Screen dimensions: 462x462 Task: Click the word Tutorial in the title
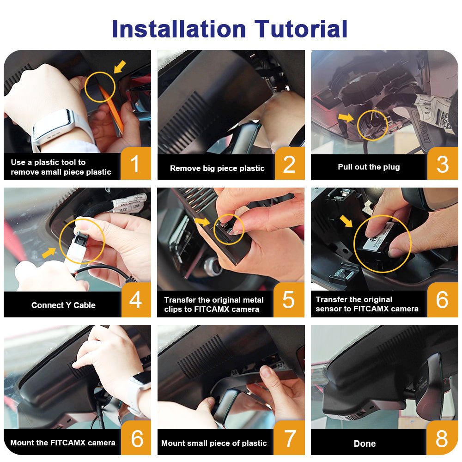[x=301, y=29]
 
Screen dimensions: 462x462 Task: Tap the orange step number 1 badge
[x=135, y=163]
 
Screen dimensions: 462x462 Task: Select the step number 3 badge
[x=443, y=163]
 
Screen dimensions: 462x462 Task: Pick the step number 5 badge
[x=289, y=300]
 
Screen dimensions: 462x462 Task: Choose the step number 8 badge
[x=442, y=438]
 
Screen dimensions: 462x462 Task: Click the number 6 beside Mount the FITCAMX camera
[x=136, y=438]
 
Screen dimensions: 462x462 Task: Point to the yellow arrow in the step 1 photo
[x=120, y=67]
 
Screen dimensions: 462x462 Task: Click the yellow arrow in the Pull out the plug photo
[x=346, y=117]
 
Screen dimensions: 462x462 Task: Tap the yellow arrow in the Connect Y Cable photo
[x=49, y=253]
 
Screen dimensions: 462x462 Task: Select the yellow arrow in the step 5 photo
[x=202, y=221]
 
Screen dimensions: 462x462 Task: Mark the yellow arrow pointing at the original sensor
[x=346, y=221]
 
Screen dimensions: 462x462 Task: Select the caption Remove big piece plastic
[x=217, y=168]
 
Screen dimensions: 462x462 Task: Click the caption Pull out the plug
[x=369, y=167]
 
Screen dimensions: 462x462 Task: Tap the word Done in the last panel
[x=365, y=444]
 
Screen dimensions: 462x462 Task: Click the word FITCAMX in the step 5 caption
[x=209, y=309]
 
